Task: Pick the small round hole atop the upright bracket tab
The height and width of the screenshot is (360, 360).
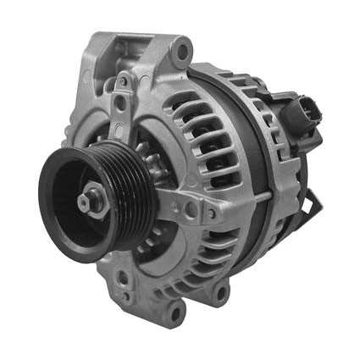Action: [x=125, y=82]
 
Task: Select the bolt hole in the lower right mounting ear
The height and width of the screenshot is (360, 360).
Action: [x=221, y=292]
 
